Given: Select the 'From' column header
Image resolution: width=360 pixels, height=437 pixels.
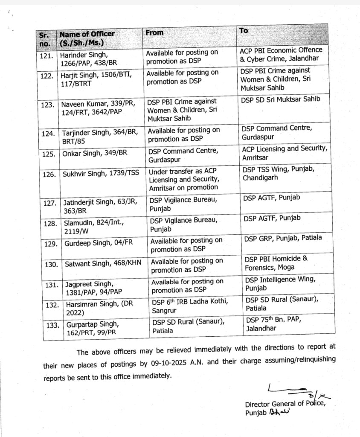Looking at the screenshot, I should [154, 32].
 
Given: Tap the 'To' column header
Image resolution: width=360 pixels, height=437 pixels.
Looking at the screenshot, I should [244, 30].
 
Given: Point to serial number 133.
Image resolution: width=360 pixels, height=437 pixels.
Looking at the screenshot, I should [52, 325].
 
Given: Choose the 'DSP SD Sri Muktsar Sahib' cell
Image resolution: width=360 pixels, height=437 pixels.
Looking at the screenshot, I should [280, 99].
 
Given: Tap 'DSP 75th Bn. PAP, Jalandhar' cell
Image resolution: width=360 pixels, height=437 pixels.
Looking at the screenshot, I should [277, 324].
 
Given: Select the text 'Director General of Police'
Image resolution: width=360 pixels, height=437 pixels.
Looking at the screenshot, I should [287, 405].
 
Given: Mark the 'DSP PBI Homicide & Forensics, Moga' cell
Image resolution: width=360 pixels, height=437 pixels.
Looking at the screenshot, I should [276, 263].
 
